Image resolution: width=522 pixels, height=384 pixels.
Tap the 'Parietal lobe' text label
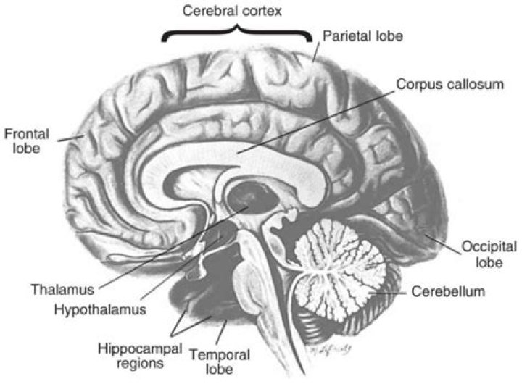[362, 35]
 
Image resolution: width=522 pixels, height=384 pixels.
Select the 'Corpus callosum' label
[449, 84]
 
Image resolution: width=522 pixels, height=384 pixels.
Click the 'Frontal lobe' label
[21, 141]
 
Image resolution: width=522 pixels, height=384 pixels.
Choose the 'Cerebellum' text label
[447, 293]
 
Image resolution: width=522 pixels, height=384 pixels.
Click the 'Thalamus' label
[62, 290]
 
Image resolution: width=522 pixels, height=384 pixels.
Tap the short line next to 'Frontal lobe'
[70, 135]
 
